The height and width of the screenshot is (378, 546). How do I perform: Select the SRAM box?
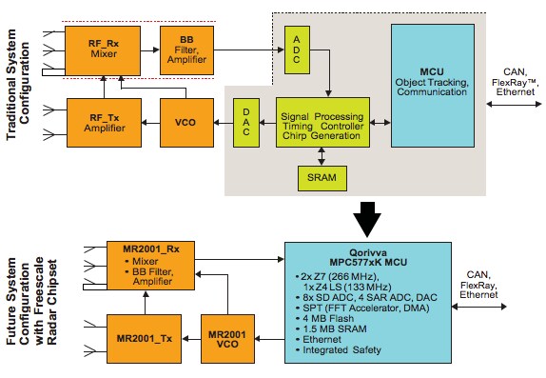tap(322, 176)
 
